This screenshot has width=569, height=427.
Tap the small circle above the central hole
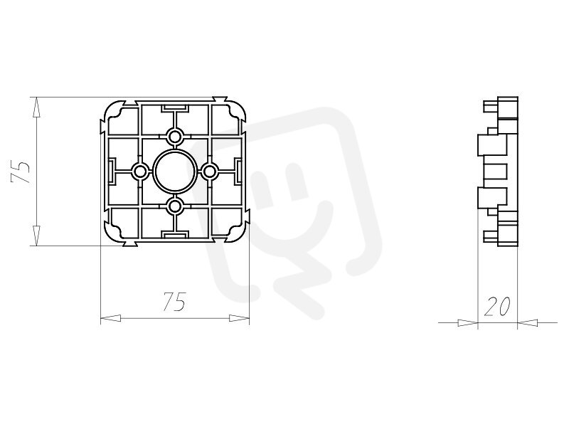175,137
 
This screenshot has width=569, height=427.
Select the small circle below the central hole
175,207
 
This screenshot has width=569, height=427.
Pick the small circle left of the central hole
139,172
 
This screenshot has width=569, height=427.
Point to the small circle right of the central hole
209,172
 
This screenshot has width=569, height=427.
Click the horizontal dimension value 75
174,301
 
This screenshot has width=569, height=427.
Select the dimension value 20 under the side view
497,306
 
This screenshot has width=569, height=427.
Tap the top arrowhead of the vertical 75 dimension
36,107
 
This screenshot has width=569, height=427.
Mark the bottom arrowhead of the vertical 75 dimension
36,236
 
